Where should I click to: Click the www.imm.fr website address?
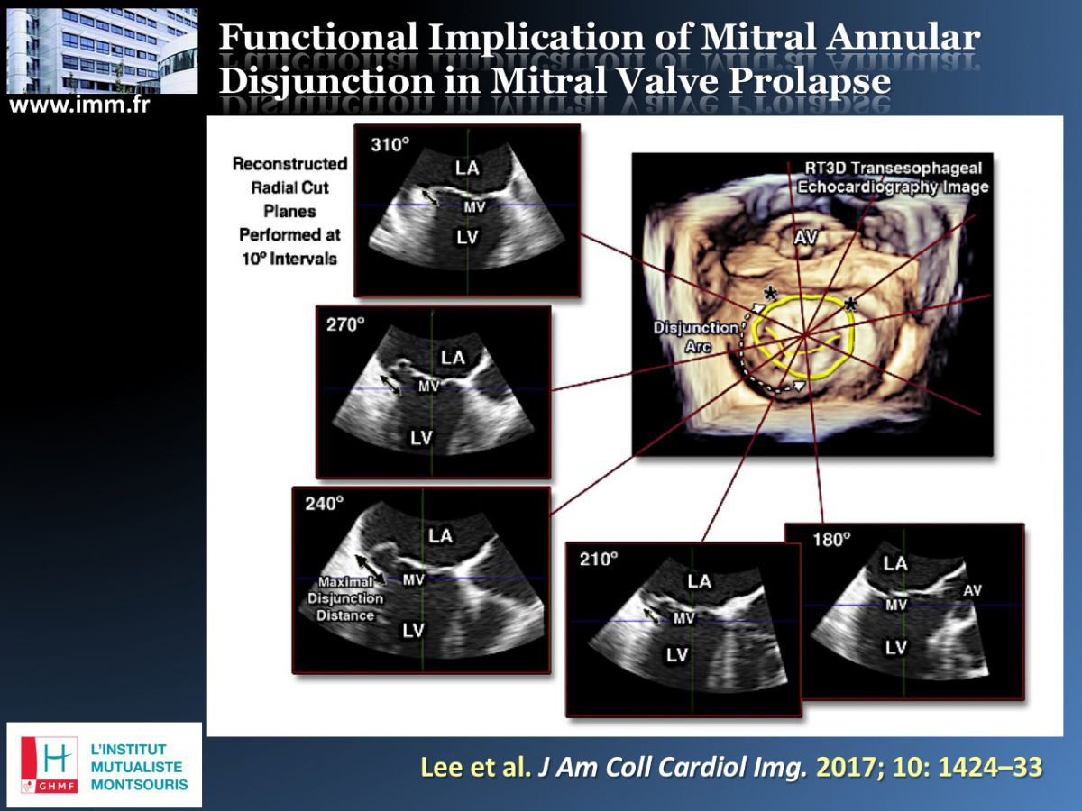coord(79,105)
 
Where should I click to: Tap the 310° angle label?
coord(390,145)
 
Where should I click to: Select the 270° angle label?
coord(345,324)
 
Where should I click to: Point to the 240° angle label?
coord(325,503)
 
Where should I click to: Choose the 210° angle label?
coord(599,559)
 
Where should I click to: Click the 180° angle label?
coord(831,540)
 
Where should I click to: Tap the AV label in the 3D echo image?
coord(805,238)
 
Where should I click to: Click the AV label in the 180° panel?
coord(973,590)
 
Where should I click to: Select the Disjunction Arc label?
coord(697,337)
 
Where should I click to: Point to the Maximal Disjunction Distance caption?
coord(345,598)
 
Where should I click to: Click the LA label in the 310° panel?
coord(467,169)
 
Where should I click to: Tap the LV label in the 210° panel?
coord(677,655)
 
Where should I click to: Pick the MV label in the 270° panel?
coord(428,387)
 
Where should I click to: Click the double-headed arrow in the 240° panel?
coord(371,570)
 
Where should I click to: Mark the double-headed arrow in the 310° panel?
coord(431,198)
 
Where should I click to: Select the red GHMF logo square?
coord(49,765)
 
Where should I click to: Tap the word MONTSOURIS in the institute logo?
coord(140,784)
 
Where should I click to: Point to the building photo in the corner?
coord(103,50)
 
